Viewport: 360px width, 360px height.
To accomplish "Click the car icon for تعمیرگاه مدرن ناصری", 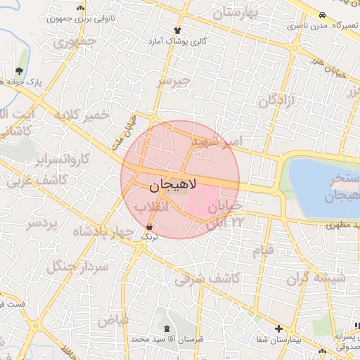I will [321, 14].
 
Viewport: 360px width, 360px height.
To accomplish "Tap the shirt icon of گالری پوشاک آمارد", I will [177, 30].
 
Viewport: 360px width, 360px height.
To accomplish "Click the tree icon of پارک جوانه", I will [19, 71].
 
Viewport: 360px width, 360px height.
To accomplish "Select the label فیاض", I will [112, 321].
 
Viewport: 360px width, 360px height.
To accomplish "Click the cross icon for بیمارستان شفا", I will [279, 328].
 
